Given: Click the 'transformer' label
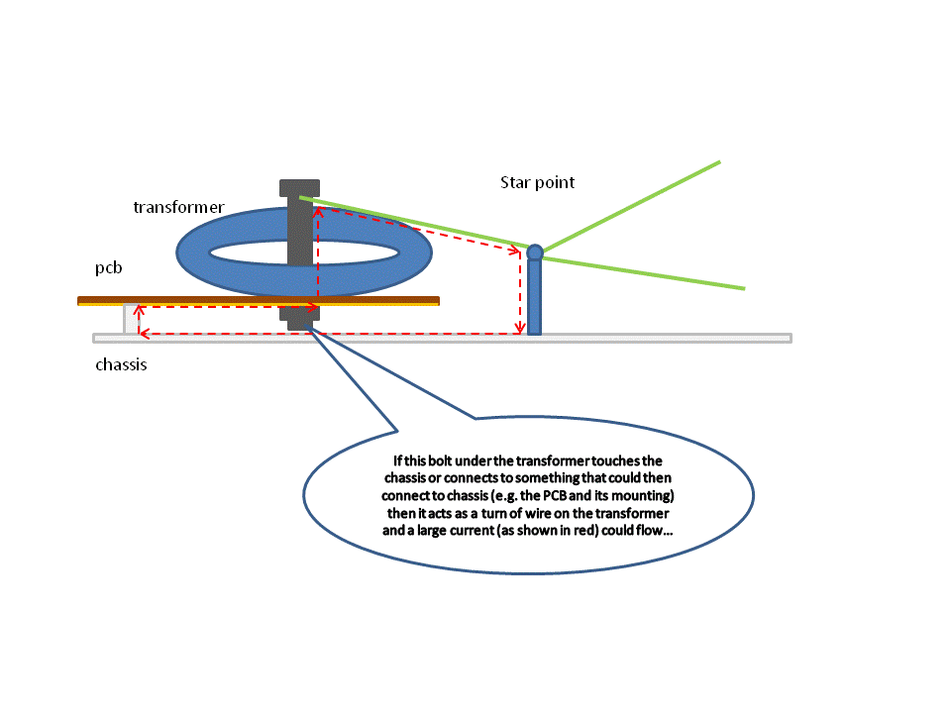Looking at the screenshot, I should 178,207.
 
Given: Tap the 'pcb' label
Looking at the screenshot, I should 108,268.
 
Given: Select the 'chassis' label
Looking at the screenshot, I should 121,364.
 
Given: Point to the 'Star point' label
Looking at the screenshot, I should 537,182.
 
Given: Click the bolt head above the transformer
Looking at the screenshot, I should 299,187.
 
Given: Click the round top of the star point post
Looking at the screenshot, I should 535,253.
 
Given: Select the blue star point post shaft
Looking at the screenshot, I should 535,297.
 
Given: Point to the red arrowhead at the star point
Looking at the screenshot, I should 516,252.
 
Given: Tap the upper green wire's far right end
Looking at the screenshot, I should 718,161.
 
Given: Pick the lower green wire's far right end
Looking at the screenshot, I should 742,288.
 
